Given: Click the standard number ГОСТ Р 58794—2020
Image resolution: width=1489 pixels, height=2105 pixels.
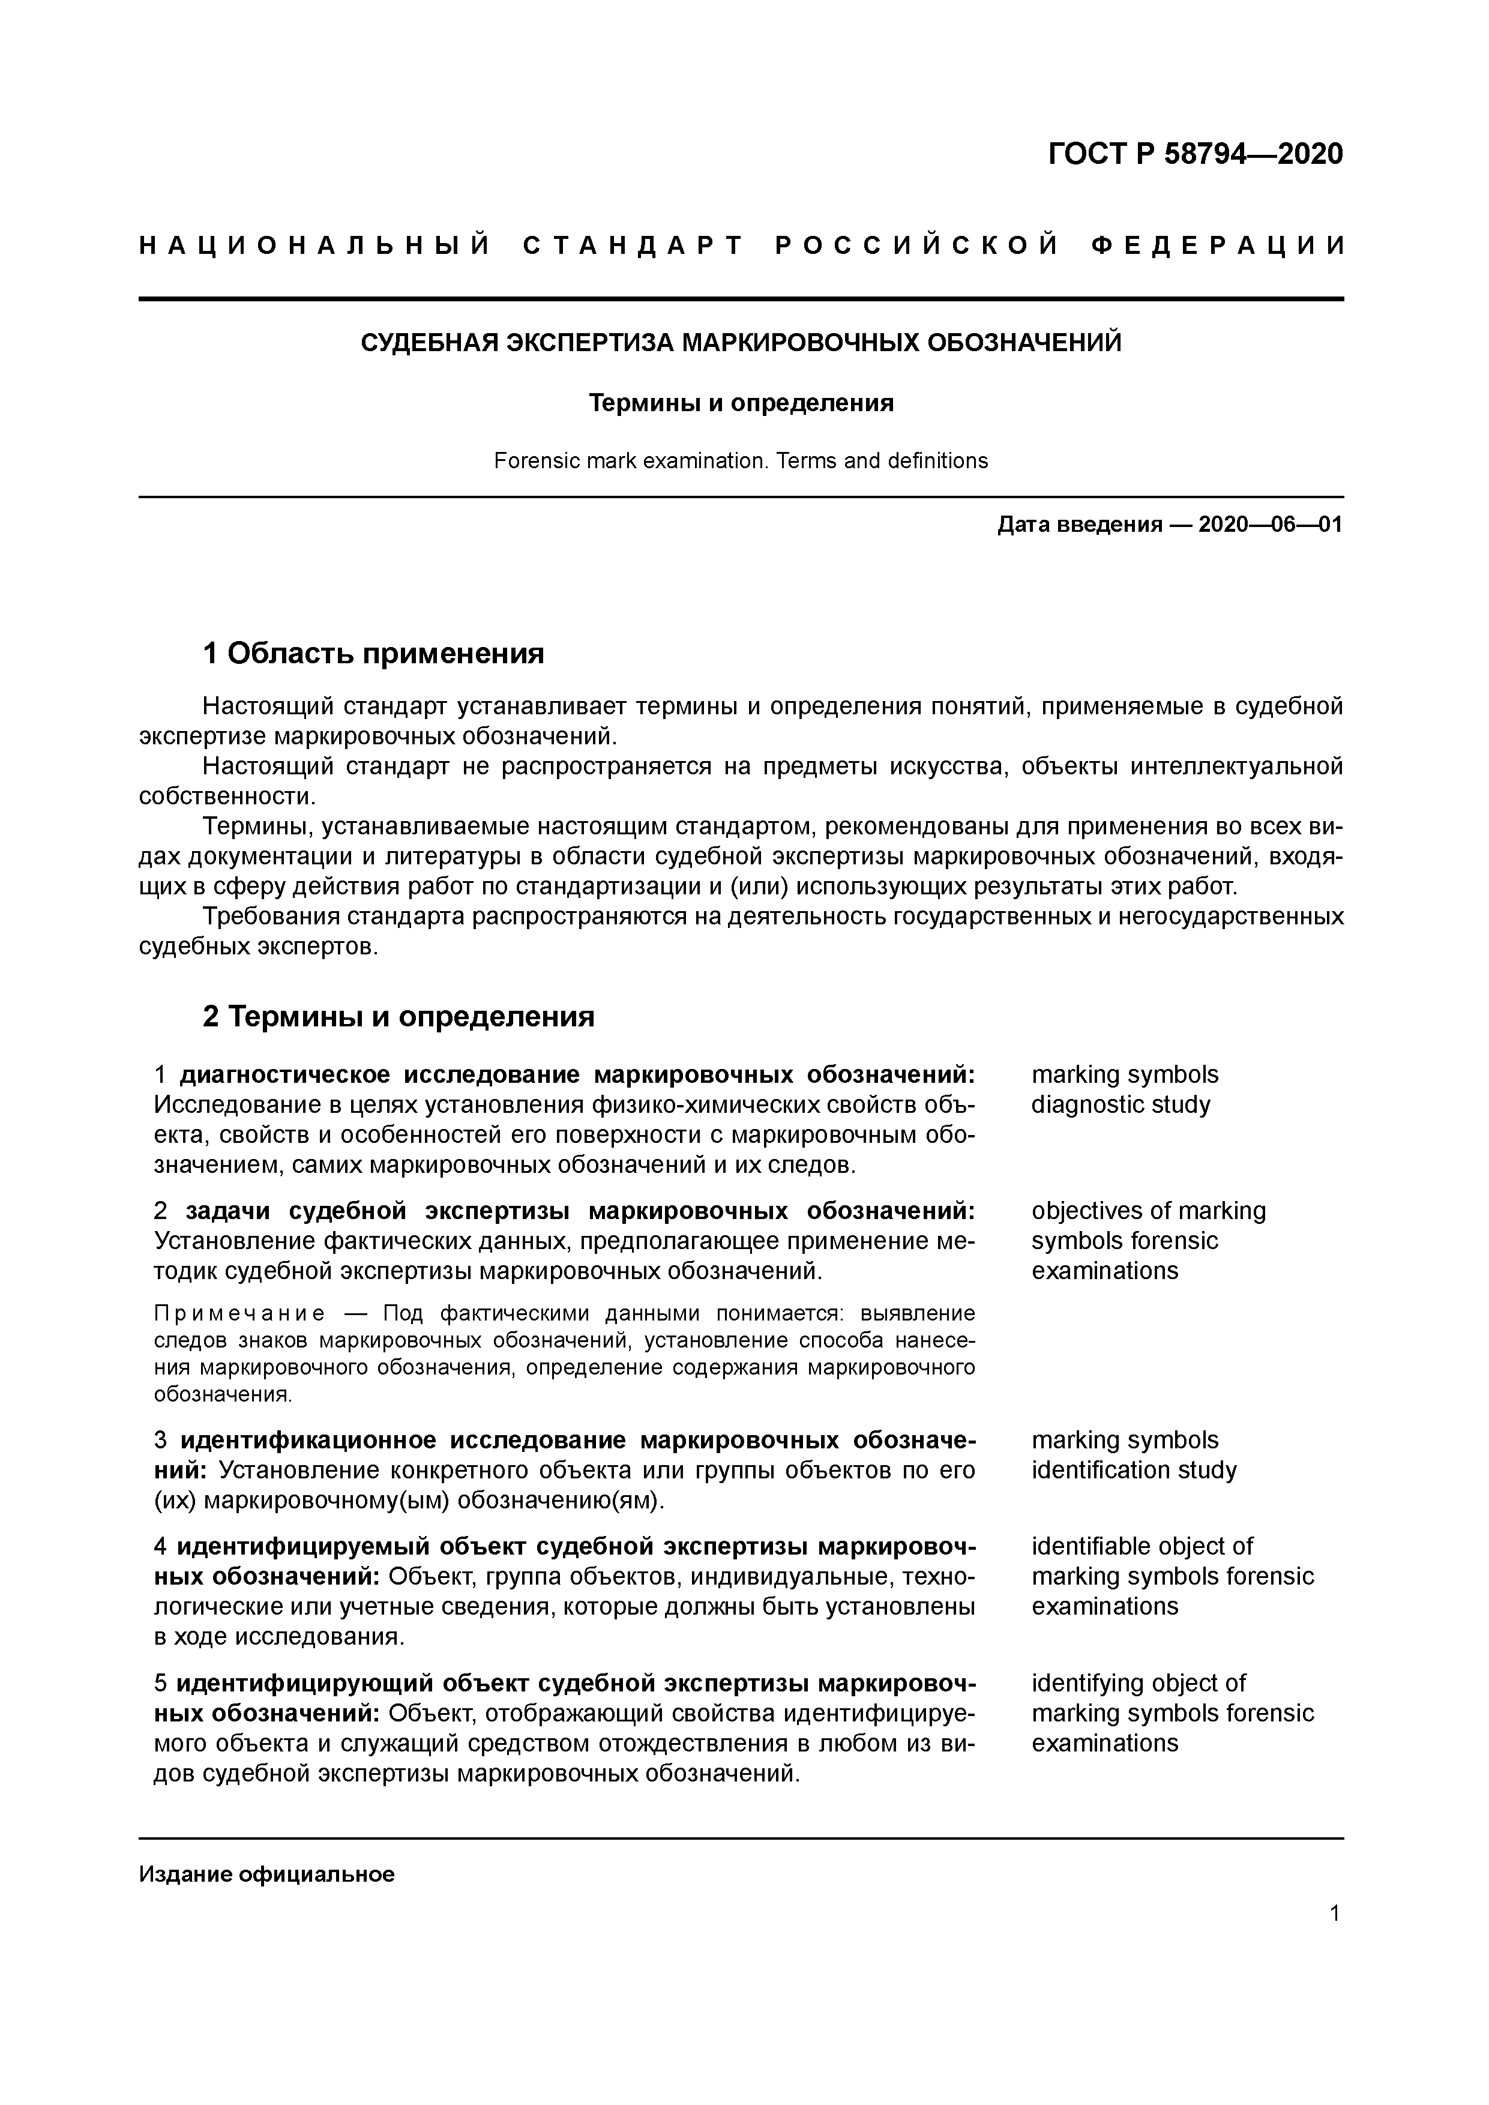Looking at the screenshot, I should point(1195,154).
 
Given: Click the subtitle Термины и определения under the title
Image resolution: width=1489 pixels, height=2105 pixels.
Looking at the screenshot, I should point(741,403).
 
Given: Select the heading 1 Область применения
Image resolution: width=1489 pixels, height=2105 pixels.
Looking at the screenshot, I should point(373,653).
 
